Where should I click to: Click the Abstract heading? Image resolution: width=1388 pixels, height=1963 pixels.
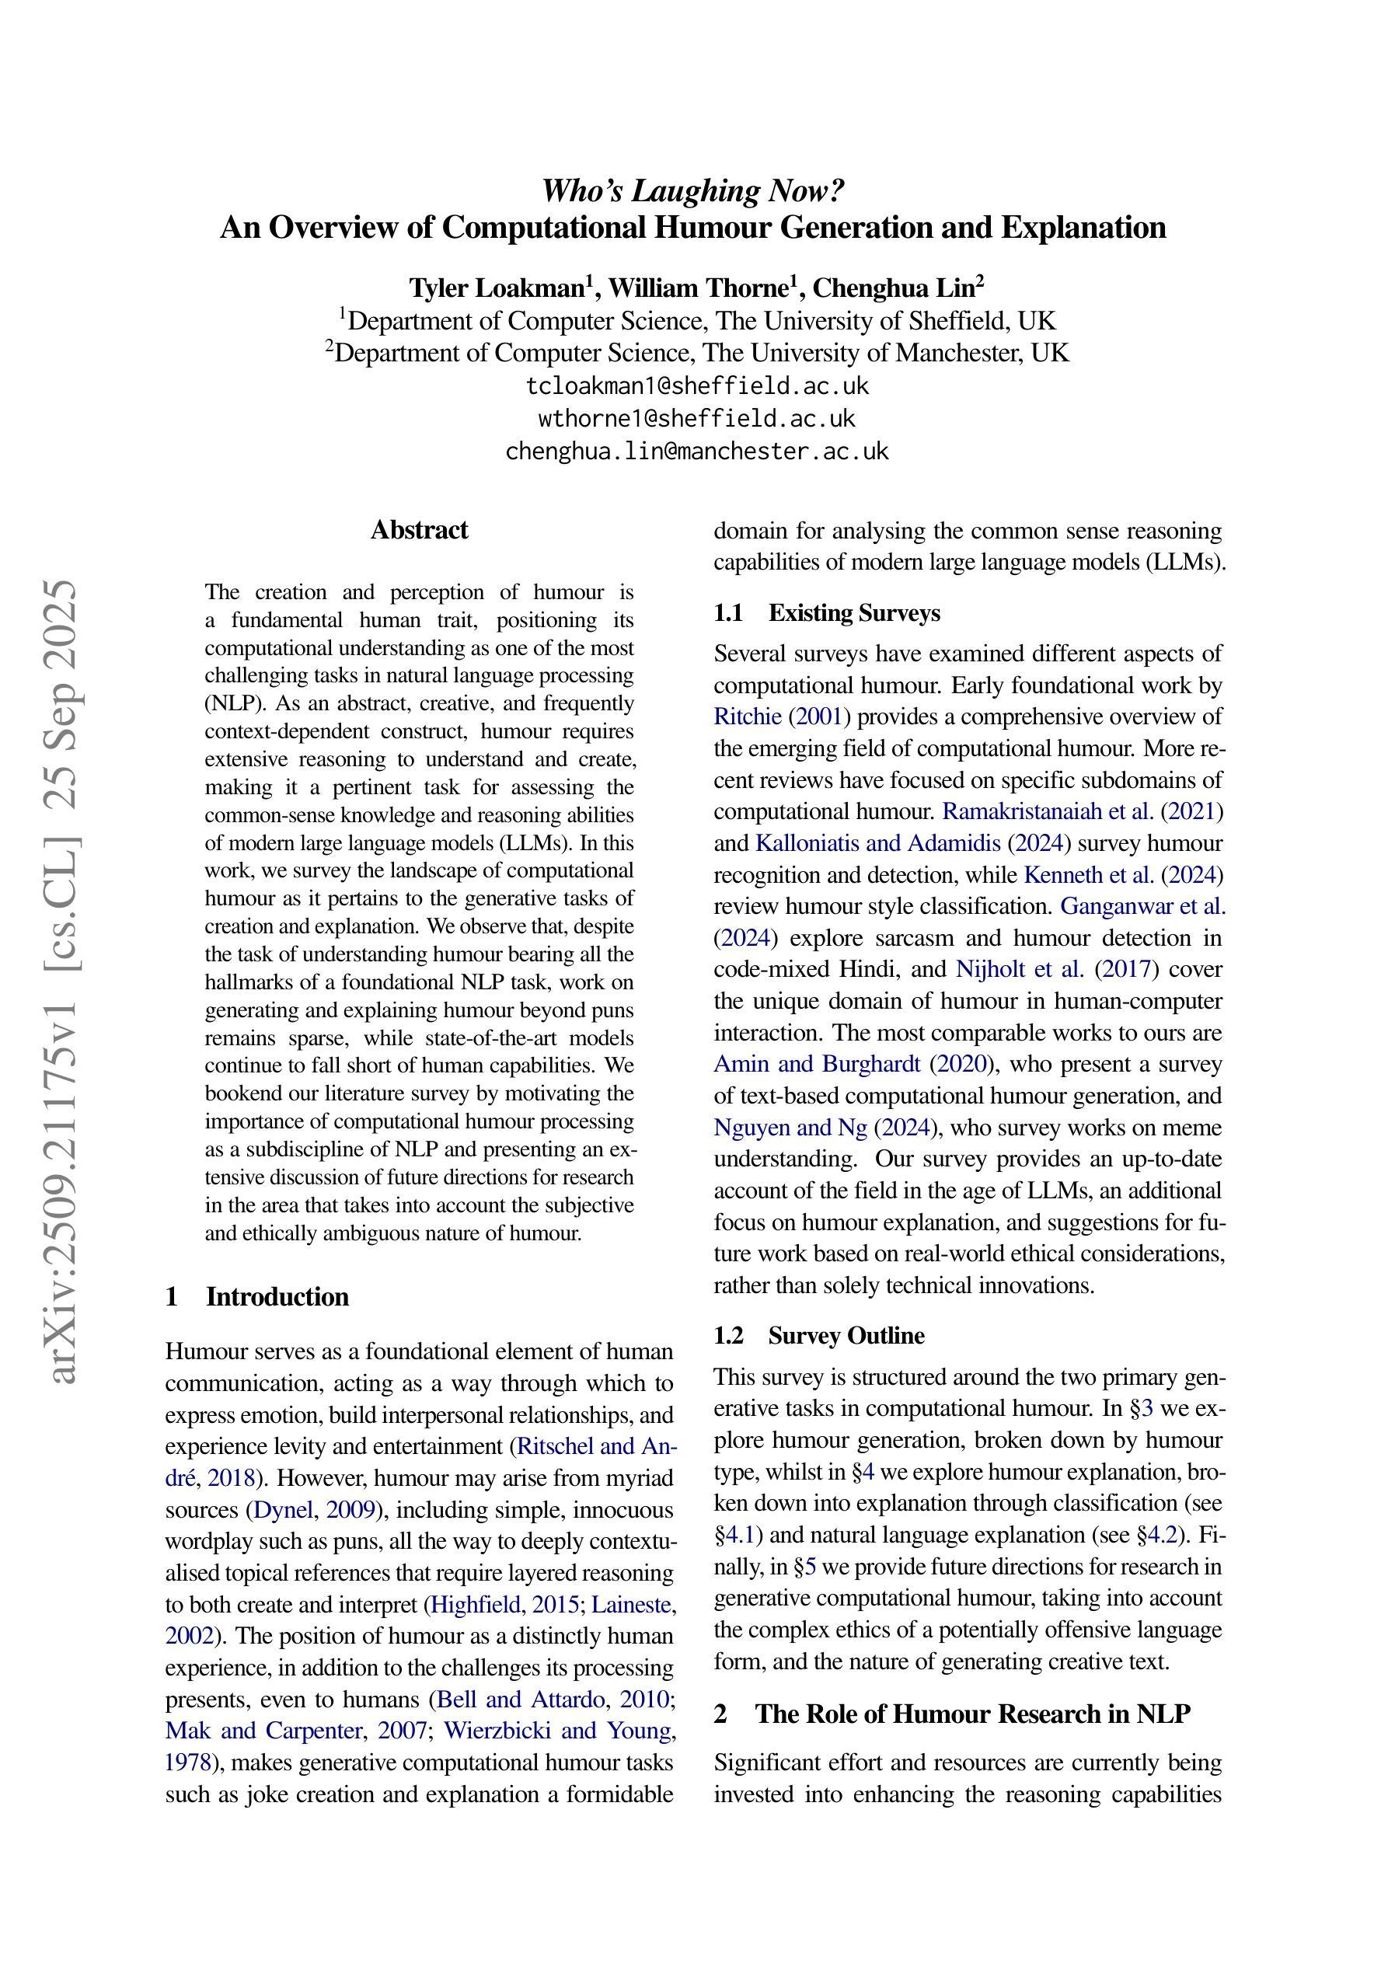point(419,530)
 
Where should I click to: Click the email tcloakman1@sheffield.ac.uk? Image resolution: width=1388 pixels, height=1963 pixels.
point(697,386)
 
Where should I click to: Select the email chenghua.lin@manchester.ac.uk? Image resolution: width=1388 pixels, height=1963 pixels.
point(697,451)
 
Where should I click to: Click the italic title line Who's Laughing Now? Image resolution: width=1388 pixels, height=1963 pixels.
point(693,190)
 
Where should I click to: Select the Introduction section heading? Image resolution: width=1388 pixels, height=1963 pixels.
point(277,1297)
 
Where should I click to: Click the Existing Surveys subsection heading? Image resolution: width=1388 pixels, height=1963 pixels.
point(853,613)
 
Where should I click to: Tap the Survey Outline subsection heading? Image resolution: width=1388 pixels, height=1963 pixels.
point(846,1335)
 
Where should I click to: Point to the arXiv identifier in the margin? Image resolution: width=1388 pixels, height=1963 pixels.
point(65,983)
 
